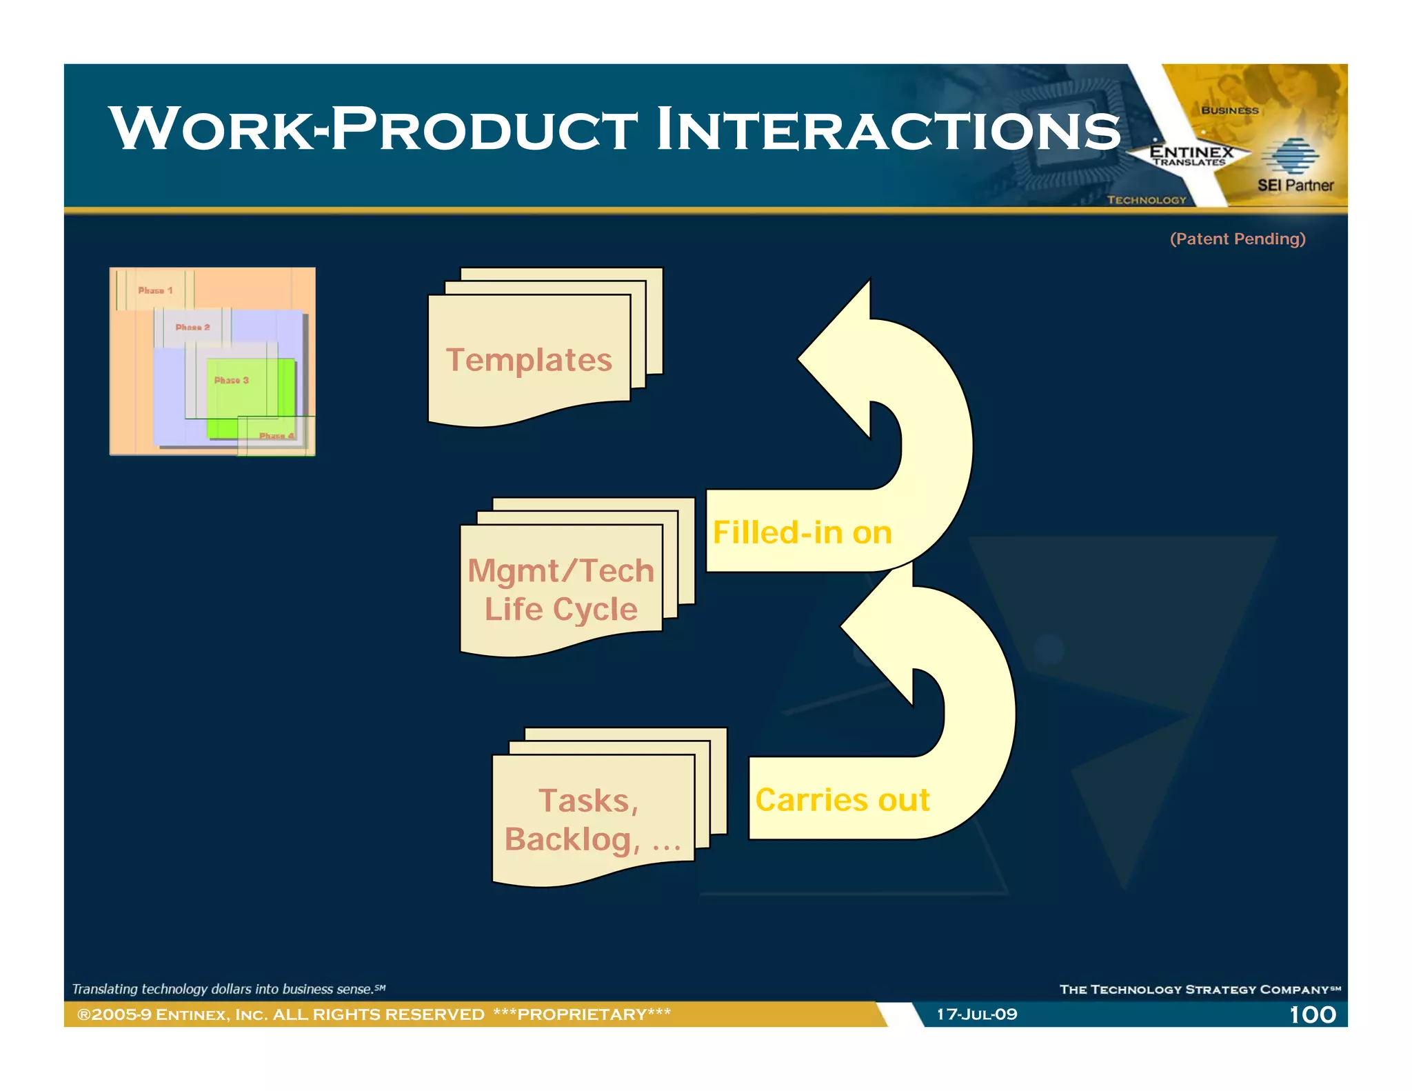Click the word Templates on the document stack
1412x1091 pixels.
[x=529, y=360]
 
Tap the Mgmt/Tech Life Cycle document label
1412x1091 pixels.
[x=561, y=590]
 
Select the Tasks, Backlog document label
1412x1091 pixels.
[x=592, y=820]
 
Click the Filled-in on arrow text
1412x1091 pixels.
[x=802, y=532]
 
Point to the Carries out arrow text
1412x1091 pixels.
[x=842, y=800]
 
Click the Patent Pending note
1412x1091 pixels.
[x=1238, y=239]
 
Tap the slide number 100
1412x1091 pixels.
[x=1312, y=1014]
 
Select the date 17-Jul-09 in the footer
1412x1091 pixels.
[x=976, y=1014]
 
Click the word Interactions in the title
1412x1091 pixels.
[x=888, y=130]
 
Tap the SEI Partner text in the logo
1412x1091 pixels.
[x=1295, y=185]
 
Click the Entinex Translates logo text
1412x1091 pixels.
[x=1191, y=156]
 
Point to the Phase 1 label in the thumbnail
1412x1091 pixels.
[x=155, y=290]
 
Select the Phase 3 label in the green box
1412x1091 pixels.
[x=231, y=380]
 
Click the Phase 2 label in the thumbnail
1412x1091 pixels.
[x=192, y=327]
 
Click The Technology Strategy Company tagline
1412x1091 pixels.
[x=1200, y=990]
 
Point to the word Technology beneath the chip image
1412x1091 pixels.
[x=1147, y=200]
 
